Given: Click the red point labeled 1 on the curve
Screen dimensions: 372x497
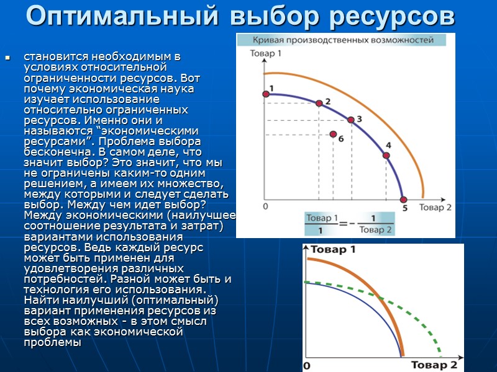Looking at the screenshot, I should click(266, 93).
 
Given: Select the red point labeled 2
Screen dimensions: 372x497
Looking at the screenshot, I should click(319, 104).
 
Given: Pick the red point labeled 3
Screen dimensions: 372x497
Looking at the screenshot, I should click(351, 120).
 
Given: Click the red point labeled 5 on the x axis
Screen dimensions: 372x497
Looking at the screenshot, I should click(404, 200).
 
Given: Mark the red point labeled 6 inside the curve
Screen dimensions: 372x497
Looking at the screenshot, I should click(334, 135).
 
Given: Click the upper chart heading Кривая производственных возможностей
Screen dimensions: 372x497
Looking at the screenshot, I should click(342, 40).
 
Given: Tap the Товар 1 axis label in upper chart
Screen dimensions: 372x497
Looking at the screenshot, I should click(266, 55).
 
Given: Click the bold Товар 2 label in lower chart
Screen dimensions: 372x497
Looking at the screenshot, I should click(434, 365).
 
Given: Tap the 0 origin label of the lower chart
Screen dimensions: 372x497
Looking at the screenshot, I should click(306, 366).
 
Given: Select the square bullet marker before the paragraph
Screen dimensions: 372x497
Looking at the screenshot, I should click(8, 58).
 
